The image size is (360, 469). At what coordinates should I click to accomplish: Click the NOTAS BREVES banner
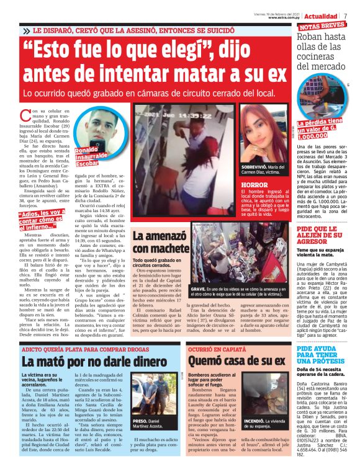[322, 26]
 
